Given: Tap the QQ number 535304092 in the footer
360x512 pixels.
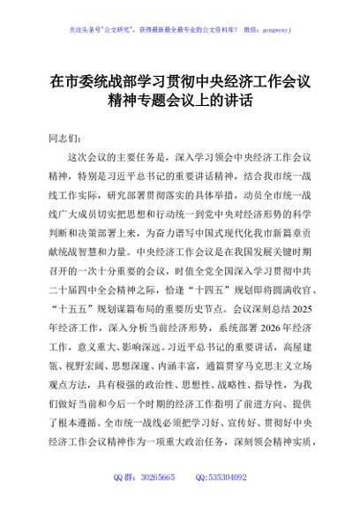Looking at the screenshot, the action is coord(228,478).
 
